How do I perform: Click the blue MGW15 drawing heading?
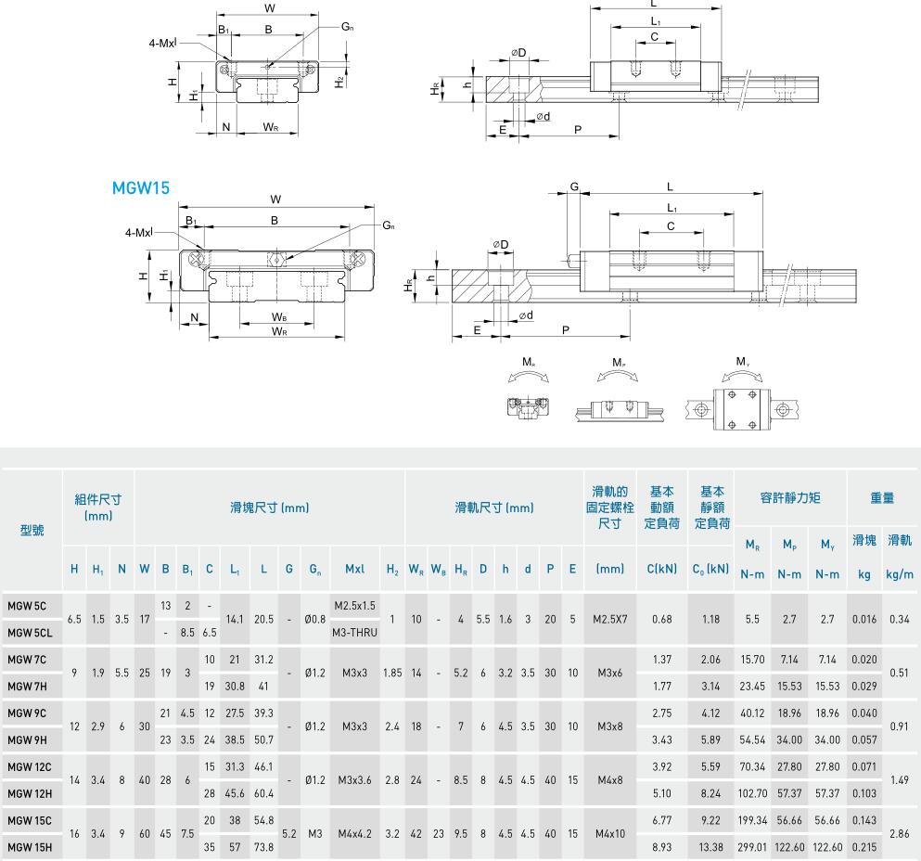(140, 188)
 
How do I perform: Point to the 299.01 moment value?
(751, 847)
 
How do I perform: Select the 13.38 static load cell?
(710, 847)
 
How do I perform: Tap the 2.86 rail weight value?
(899, 834)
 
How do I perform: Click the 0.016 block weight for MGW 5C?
(864, 620)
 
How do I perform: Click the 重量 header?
(881, 498)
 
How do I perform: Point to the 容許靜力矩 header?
(789, 498)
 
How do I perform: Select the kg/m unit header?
(899, 575)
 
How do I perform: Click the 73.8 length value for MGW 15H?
(263, 847)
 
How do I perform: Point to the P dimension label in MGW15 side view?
(565, 329)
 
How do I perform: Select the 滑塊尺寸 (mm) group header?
(269, 508)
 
